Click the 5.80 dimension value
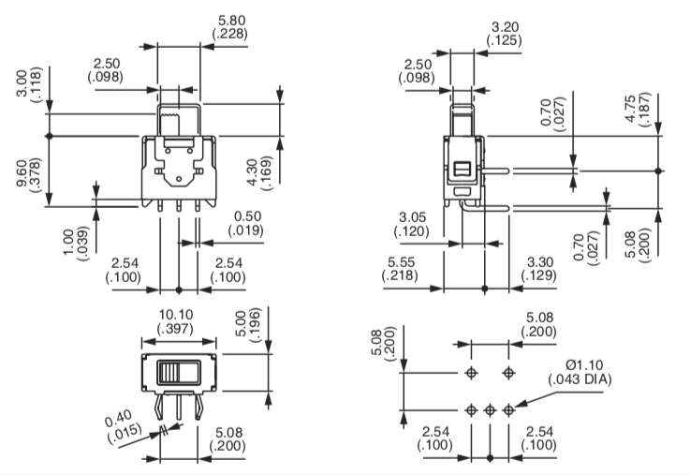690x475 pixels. (x=232, y=21)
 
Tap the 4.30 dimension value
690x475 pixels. (x=253, y=172)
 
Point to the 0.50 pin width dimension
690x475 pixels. (x=247, y=216)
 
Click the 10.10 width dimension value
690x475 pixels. (x=176, y=315)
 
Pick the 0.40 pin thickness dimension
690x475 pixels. (x=118, y=419)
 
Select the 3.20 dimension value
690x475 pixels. (x=505, y=27)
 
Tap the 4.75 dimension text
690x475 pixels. (x=631, y=109)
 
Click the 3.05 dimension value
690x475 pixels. (x=412, y=217)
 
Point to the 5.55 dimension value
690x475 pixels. (x=401, y=262)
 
